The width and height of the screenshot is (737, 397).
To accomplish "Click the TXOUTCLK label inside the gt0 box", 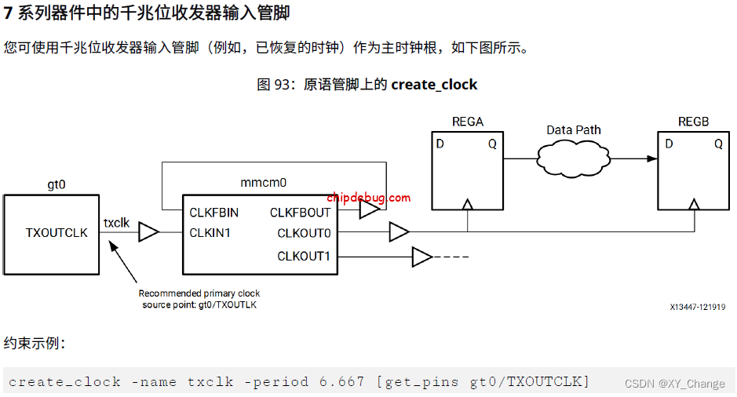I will (57, 232).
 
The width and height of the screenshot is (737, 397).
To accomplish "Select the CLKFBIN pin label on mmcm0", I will (213, 213).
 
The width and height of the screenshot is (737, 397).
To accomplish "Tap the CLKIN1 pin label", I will (210, 232).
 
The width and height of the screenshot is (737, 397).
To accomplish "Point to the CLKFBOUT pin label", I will (300, 213).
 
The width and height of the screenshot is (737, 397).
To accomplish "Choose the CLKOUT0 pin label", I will (304, 233).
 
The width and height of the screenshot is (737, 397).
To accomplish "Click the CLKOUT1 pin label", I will (304, 257).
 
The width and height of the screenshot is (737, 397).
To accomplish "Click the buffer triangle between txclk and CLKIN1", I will (148, 232).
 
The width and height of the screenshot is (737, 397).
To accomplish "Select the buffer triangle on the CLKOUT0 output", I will (398, 232).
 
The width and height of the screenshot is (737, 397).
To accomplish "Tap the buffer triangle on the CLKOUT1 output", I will (421, 257).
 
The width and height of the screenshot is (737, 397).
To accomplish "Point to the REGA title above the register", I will (468, 122).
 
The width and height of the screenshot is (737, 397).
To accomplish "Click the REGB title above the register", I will (693, 122).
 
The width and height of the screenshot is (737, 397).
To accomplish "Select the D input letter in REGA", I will (440, 144).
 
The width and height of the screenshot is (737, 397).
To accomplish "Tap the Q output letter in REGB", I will (718, 144).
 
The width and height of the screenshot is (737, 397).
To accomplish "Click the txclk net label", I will (116, 223).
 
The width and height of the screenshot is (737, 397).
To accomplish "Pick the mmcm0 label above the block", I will (263, 183).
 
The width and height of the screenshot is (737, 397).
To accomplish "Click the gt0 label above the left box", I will (57, 185).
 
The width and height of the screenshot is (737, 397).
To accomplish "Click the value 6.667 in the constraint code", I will (341, 382).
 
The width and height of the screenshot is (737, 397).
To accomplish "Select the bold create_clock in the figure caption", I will (434, 85).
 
